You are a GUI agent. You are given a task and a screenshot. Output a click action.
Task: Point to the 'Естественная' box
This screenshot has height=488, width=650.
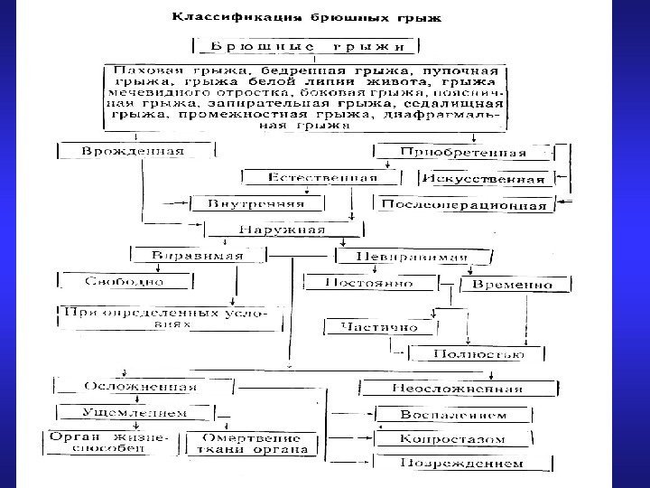310,178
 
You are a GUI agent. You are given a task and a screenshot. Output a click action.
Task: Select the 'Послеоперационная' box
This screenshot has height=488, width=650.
463,205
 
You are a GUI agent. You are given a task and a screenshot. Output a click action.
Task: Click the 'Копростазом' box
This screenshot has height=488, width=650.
464,439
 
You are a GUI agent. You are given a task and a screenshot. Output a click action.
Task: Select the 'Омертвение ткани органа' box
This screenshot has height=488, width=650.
253,443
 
